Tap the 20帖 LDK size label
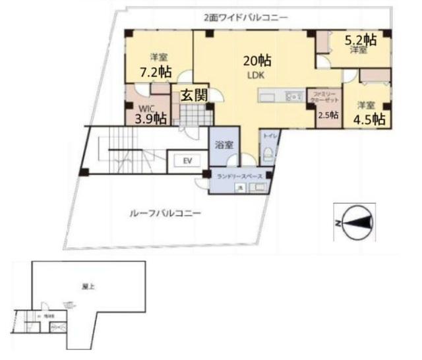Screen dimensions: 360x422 (x=256, y=61)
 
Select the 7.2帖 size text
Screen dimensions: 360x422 (x=155, y=71)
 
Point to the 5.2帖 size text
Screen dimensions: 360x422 (x=361, y=40)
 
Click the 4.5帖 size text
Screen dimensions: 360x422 (x=369, y=119)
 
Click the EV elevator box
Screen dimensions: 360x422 (x=187, y=161)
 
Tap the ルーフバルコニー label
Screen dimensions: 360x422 (x=164, y=213)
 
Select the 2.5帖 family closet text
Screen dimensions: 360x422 (x=328, y=115)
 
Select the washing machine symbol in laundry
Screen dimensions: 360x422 (x=241, y=188)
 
